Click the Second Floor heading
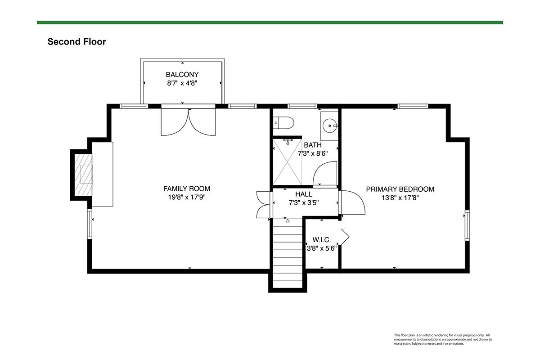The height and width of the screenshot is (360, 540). tap(76, 42)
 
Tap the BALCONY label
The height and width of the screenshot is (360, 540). tap(182, 75)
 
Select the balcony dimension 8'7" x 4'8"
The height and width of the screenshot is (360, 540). tap(182, 83)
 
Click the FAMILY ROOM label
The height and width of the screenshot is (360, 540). tap(187, 189)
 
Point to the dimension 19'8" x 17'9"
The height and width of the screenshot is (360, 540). tap(187, 197)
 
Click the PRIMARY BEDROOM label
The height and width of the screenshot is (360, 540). tap(400, 189)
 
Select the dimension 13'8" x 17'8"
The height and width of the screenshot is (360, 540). tap(400, 198)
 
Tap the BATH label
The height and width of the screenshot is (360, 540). tap(313, 145)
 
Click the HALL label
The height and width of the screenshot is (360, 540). tap(304, 194)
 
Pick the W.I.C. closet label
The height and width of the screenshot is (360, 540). tap(322, 240)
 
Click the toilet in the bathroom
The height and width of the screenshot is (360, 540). tap(283, 123)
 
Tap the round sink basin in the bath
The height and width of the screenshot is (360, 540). tap(330, 126)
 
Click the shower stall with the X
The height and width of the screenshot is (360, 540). tap(288, 162)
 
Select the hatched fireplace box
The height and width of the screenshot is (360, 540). tap(83, 175)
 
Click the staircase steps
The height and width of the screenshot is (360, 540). tap(288, 253)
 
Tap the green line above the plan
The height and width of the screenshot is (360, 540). tap(270, 22)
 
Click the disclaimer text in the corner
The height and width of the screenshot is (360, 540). tap(443, 339)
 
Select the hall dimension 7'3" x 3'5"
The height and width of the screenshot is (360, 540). tap(304, 203)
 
